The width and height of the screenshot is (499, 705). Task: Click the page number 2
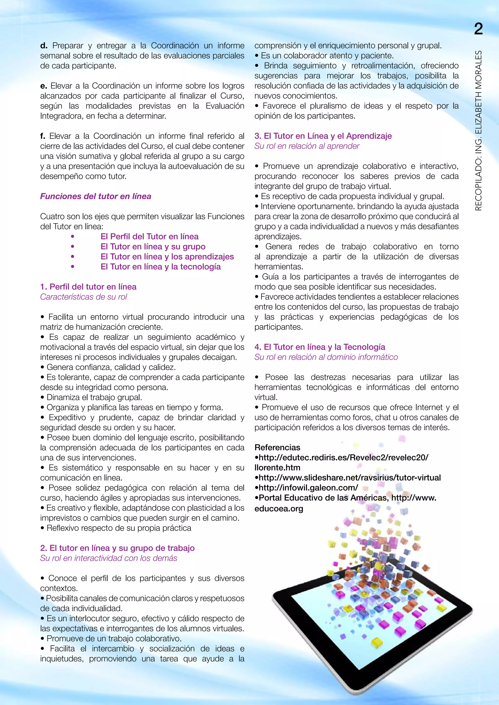[x=479, y=29]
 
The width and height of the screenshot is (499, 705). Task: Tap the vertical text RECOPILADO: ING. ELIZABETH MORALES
[x=478, y=131]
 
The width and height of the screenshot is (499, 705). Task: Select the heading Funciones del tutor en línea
[x=96, y=196]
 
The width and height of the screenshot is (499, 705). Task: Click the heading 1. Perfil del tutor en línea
[x=88, y=287]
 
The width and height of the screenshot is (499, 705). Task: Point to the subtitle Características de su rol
[x=84, y=297]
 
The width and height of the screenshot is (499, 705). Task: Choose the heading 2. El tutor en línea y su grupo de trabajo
[x=117, y=548]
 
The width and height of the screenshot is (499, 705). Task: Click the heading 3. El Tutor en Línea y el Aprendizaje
[x=323, y=136]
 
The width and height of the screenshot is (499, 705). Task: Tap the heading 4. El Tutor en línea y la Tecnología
[x=320, y=347]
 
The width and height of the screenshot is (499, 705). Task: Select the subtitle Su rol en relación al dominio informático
[x=326, y=357]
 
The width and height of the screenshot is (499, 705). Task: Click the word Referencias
[x=277, y=447]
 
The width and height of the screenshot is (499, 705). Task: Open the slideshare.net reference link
[x=349, y=478]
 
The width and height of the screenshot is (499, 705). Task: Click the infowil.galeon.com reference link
[x=308, y=488]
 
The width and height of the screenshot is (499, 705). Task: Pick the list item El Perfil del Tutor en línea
[x=149, y=236]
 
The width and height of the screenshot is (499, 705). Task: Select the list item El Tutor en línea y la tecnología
[x=160, y=267]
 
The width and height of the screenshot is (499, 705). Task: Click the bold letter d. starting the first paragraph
[x=44, y=46]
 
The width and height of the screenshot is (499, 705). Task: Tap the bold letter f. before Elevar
[x=43, y=136]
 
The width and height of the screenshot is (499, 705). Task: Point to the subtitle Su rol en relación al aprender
[x=307, y=146]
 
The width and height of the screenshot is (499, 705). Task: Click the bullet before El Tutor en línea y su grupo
[x=73, y=247]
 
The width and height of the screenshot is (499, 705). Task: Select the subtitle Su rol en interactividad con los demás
[x=108, y=558]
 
